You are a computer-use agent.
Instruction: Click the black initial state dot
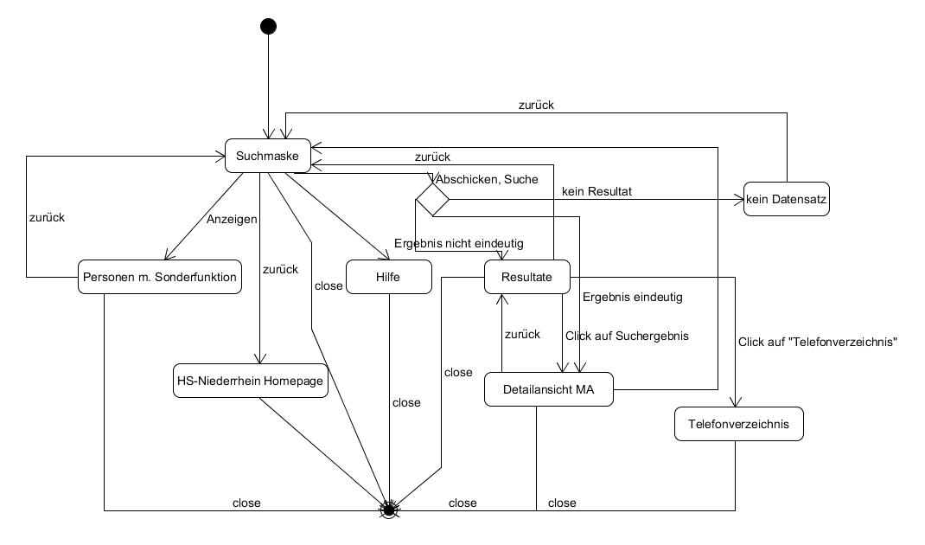pos(268,26)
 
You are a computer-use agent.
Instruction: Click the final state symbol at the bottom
pos(389,510)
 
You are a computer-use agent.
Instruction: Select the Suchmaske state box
pos(268,157)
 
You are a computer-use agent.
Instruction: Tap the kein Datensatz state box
pos(787,200)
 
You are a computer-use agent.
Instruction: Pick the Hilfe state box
pos(389,277)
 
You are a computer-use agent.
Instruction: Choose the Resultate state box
pos(526,277)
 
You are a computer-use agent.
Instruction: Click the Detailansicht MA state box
pos(549,389)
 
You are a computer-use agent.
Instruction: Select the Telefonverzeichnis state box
pos(738,424)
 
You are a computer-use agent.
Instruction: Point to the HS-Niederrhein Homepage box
pos(251,381)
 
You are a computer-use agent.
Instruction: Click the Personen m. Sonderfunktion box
pos(160,277)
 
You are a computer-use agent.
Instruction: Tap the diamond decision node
pos(432,200)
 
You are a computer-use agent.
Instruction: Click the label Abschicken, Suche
pos(487,179)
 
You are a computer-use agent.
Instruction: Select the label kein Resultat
pos(597,190)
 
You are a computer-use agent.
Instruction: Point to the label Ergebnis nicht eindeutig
pos(458,243)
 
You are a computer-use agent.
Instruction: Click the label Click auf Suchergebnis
pos(627,335)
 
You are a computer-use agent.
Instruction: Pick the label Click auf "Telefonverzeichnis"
pos(818,342)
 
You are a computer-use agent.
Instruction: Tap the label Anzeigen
pos(231,219)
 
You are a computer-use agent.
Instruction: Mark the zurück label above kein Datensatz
pos(536,105)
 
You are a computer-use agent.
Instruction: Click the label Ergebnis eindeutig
pos(633,298)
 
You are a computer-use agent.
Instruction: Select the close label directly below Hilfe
pos(406,402)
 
